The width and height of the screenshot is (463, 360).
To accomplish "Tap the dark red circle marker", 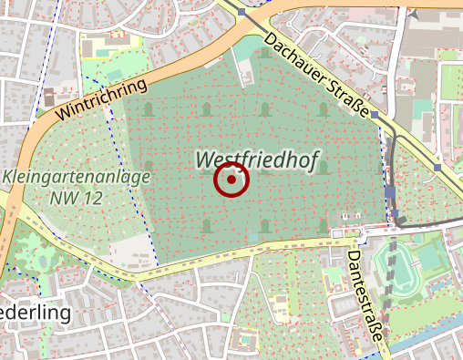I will coord(231,180).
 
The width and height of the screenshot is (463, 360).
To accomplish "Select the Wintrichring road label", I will coord(101,99).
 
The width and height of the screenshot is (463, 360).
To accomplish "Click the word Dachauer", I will coord(297,57).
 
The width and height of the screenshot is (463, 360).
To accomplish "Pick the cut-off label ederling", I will coord(36,313).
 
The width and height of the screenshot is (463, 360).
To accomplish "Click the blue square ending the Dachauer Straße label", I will coord(374,115).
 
